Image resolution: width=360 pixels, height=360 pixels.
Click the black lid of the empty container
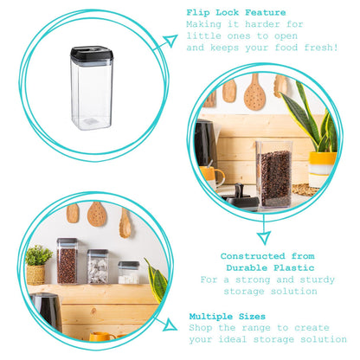pos(92,54)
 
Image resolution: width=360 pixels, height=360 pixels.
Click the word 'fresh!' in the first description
pos(321,48)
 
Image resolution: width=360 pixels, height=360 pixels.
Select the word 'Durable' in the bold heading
pos(247,268)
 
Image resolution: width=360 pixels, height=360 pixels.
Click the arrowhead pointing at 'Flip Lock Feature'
pos(170,41)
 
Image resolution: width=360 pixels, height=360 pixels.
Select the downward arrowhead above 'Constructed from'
pos(264,238)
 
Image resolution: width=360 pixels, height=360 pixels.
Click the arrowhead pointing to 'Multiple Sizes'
pos(170,325)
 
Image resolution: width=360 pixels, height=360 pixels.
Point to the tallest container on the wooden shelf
pos(67,260)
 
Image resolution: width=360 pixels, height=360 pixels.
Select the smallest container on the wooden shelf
pos(129,273)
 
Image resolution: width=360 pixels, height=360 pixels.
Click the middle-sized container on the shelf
pos(98,267)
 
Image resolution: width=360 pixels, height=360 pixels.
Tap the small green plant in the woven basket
pos(38,255)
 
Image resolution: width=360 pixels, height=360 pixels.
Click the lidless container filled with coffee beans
pos(274,174)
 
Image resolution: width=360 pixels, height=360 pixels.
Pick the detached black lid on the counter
pos(240,197)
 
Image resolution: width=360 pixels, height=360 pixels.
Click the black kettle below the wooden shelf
pos(47,311)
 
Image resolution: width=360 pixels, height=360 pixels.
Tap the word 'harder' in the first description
pos(262,24)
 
